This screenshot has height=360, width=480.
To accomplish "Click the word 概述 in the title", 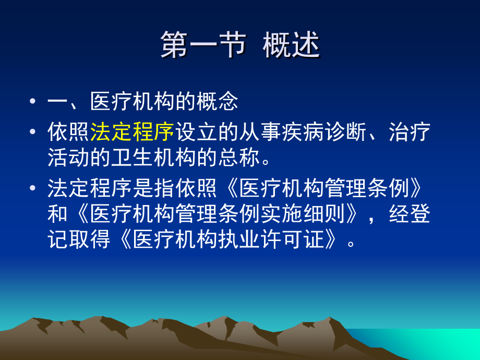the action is [x=292, y=45].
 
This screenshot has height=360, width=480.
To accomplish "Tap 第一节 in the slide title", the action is [x=203, y=45].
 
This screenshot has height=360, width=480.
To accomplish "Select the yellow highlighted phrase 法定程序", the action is [x=132, y=132].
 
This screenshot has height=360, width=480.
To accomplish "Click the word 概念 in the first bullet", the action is [x=217, y=101].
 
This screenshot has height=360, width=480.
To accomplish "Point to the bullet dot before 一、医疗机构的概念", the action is [x=33, y=101].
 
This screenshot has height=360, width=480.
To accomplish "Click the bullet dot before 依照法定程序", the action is [x=33, y=131].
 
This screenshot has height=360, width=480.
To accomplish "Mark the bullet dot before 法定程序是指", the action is [x=33, y=188].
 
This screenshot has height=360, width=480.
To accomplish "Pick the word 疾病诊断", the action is [x=324, y=132].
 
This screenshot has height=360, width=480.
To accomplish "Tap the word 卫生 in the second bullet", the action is [x=132, y=158].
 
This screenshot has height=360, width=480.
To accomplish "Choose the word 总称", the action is [x=239, y=158].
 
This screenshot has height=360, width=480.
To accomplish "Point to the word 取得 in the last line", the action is [x=89, y=239].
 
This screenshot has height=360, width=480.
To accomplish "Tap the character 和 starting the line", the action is [x=57, y=214].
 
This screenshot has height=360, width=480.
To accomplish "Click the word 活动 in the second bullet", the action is [x=68, y=158].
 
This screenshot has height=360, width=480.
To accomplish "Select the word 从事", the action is [x=260, y=132].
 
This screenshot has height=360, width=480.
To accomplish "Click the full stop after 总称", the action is [x=266, y=162].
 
